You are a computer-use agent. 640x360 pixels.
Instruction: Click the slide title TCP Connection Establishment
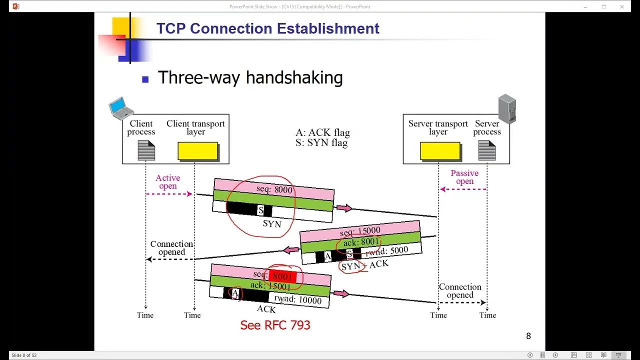coord(267,28)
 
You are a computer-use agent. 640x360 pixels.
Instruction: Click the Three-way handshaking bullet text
coord(250,78)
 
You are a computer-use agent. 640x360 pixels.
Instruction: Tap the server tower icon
coord(507,109)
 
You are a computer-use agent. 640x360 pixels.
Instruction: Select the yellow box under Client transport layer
coord(198,151)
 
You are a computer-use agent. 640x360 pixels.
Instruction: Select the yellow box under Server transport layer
coord(440,151)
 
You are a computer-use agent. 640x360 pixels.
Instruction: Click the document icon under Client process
coord(146,150)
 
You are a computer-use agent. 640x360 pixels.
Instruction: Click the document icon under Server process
coord(486,150)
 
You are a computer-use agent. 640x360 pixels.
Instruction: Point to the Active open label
coord(167,182)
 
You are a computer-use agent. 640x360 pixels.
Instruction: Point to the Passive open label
coord(464,177)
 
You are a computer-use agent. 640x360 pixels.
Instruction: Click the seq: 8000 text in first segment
coord(274,190)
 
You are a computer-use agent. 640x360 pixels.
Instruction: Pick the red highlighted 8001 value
coord(282,276)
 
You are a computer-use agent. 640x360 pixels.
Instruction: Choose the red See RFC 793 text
coord(275,325)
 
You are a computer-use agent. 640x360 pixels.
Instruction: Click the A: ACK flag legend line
coord(322,132)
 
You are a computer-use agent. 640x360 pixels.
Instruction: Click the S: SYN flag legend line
coord(321,143)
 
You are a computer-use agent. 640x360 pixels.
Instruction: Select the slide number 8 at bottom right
coord(528,336)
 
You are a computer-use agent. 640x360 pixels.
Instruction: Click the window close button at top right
coord(622,6)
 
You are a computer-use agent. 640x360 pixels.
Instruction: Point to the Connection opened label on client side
coord(171,248)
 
